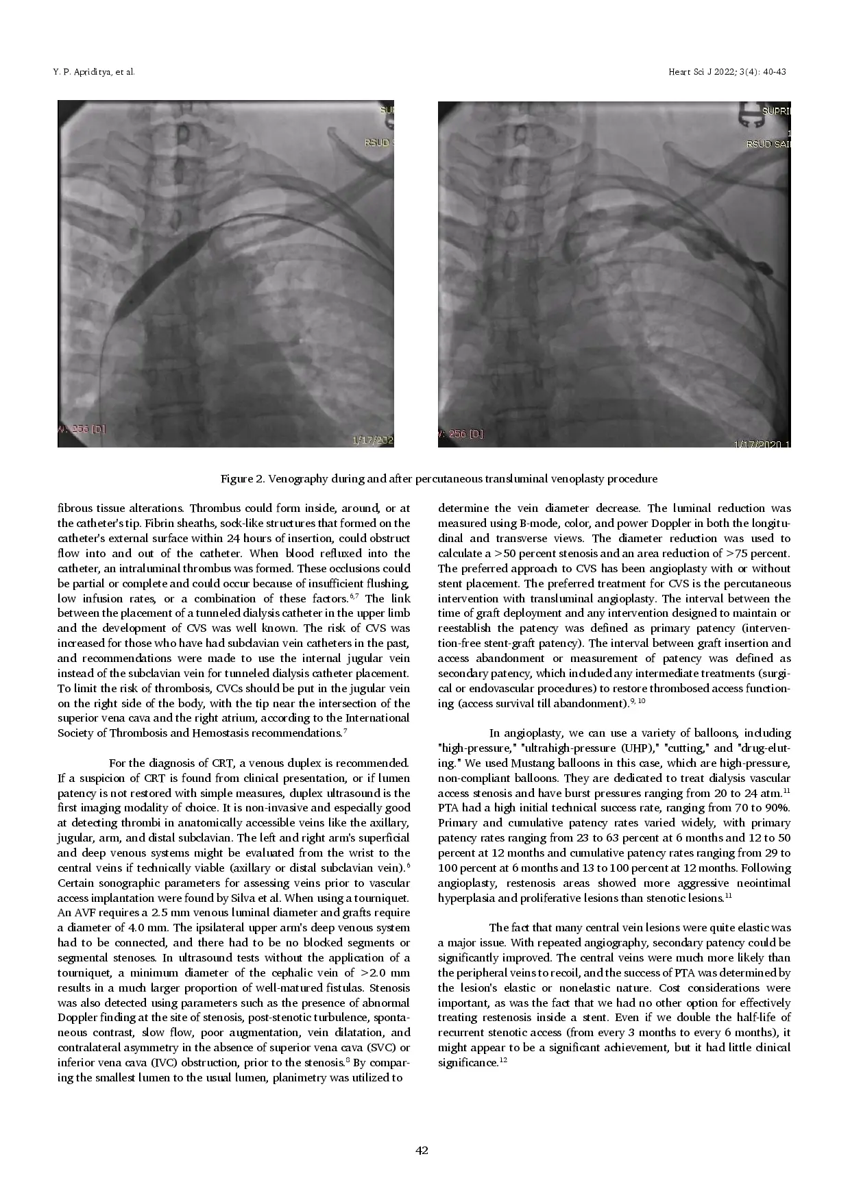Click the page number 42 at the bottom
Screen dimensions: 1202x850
[x=422, y=1151]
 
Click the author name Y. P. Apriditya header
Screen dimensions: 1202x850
[x=93, y=72]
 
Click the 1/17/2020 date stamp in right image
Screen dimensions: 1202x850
[x=761, y=444]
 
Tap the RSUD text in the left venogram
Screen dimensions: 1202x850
[x=378, y=143]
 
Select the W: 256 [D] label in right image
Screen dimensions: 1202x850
[x=461, y=433]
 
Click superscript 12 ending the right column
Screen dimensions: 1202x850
[x=502, y=1061]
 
